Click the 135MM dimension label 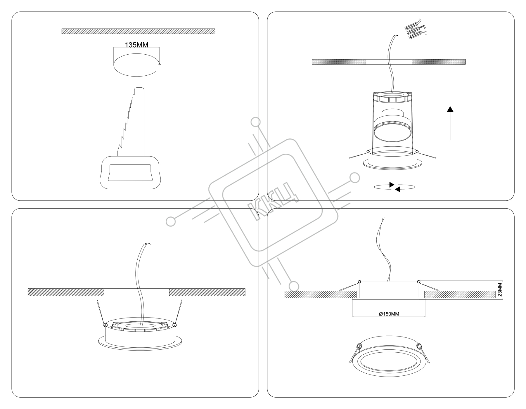[136, 45]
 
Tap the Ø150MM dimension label [389, 314]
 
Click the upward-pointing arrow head [450, 109]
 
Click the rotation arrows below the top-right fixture [394, 187]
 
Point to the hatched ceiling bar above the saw [138, 31]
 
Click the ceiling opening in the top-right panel [389, 62]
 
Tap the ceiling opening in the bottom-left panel [137, 292]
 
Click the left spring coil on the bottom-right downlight [358, 346]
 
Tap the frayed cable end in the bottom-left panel [147, 244]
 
